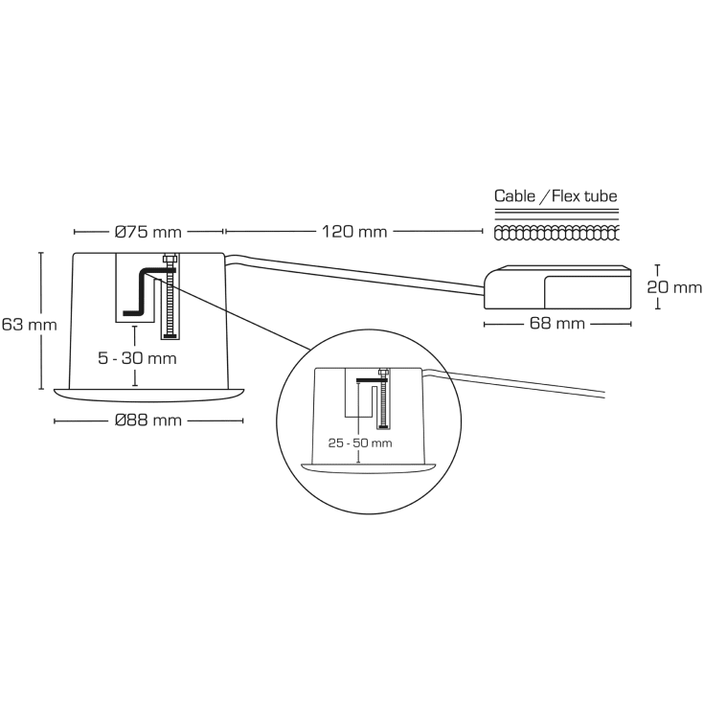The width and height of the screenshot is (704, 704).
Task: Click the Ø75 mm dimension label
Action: pyautogui.click(x=148, y=232)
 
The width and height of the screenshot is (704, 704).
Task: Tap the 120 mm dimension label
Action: pyautogui.click(x=354, y=232)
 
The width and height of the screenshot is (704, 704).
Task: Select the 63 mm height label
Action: pyautogui.click(x=29, y=325)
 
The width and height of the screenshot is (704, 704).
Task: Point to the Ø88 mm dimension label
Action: pyautogui.click(x=148, y=421)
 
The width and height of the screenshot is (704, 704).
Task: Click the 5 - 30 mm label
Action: pyautogui.click(x=137, y=358)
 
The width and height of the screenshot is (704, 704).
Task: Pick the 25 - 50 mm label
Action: pyautogui.click(x=360, y=443)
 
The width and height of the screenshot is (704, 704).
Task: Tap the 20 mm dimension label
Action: pyautogui.click(x=673, y=287)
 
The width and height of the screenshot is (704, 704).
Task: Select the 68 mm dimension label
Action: pyautogui.click(x=556, y=324)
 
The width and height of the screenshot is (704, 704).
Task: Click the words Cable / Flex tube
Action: pyautogui.click(x=556, y=196)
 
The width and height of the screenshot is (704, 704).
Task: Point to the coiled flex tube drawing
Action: pyautogui.click(x=556, y=233)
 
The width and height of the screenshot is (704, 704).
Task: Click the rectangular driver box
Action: pyautogui.click(x=557, y=286)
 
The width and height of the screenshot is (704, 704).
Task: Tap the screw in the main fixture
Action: pyautogui.click(x=170, y=297)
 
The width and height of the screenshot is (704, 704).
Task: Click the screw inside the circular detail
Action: pyautogui.click(x=383, y=402)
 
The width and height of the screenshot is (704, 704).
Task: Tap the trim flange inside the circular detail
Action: pyautogui.click(x=370, y=466)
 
